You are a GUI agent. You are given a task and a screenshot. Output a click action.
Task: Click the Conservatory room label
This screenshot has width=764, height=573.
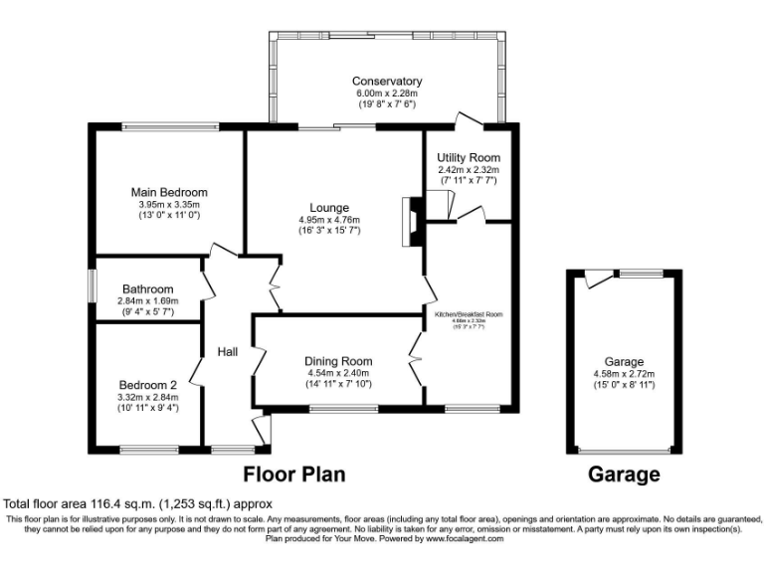point(386,82)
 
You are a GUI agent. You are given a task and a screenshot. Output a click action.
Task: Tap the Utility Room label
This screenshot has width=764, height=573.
point(468,158)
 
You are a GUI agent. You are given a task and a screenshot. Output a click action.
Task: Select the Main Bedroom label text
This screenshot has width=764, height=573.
point(169,192)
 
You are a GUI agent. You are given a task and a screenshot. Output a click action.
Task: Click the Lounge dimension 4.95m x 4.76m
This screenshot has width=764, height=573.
point(329,220)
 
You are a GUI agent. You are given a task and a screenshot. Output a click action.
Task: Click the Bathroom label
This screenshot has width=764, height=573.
point(147,289)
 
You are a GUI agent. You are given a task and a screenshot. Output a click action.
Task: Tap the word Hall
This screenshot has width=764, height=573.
point(227,351)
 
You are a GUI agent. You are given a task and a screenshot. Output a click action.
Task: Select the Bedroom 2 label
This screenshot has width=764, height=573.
point(148,385)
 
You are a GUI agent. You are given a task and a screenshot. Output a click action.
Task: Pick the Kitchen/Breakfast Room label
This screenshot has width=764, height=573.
point(468,314)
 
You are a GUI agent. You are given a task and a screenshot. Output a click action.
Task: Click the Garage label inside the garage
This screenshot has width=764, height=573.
point(624,362)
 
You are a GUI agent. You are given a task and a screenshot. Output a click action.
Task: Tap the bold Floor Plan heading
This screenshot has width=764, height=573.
point(294,475)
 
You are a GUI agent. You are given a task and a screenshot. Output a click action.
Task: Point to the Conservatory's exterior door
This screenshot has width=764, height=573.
point(469,119)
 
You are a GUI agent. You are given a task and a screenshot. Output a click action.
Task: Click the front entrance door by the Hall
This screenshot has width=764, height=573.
point(261,430)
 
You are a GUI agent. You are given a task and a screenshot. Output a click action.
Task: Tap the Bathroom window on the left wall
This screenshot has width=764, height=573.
point(91,287)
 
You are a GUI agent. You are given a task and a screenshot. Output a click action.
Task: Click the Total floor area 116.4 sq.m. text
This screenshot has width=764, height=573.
point(137,504)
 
